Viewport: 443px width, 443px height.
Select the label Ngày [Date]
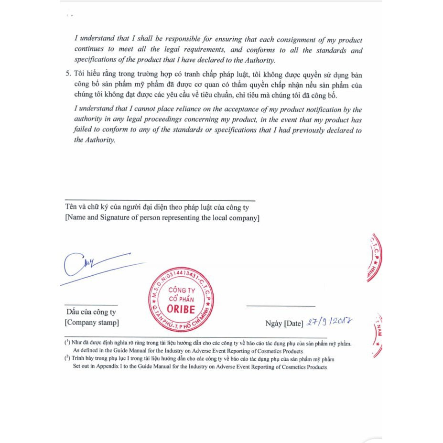click(283, 324)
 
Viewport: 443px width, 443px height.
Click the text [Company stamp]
click(92, 323)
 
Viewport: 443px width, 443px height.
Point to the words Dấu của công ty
click(91, 313)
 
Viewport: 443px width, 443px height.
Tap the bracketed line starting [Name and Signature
click(162, 218)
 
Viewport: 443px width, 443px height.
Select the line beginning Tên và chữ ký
click(156, 208)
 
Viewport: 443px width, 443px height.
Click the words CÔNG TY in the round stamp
click(181, 291)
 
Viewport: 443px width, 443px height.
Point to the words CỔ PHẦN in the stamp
click(181, 299)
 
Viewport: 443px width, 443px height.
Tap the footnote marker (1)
click(67, 343)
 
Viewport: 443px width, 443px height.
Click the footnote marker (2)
click(67, 358)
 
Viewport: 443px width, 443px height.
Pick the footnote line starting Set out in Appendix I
click(200, 367)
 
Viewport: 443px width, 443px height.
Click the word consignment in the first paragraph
click(289, 40)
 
